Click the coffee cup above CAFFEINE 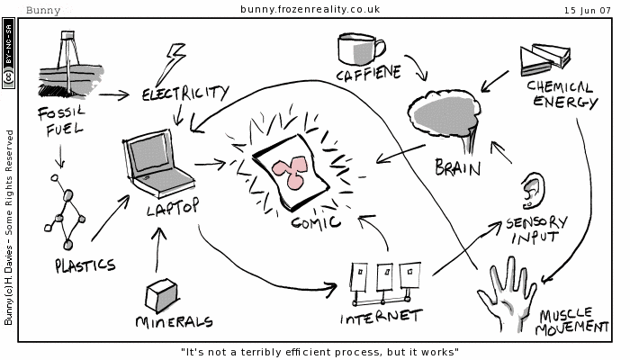coord(358,49)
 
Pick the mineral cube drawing coord(162,293)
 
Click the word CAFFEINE coord(367,75)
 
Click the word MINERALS coord(174,321)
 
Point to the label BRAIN coord(457,167)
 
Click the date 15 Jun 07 coord(588,10)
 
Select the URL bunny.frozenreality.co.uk coord(310,10)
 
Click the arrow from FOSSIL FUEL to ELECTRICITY coord(114,93)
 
